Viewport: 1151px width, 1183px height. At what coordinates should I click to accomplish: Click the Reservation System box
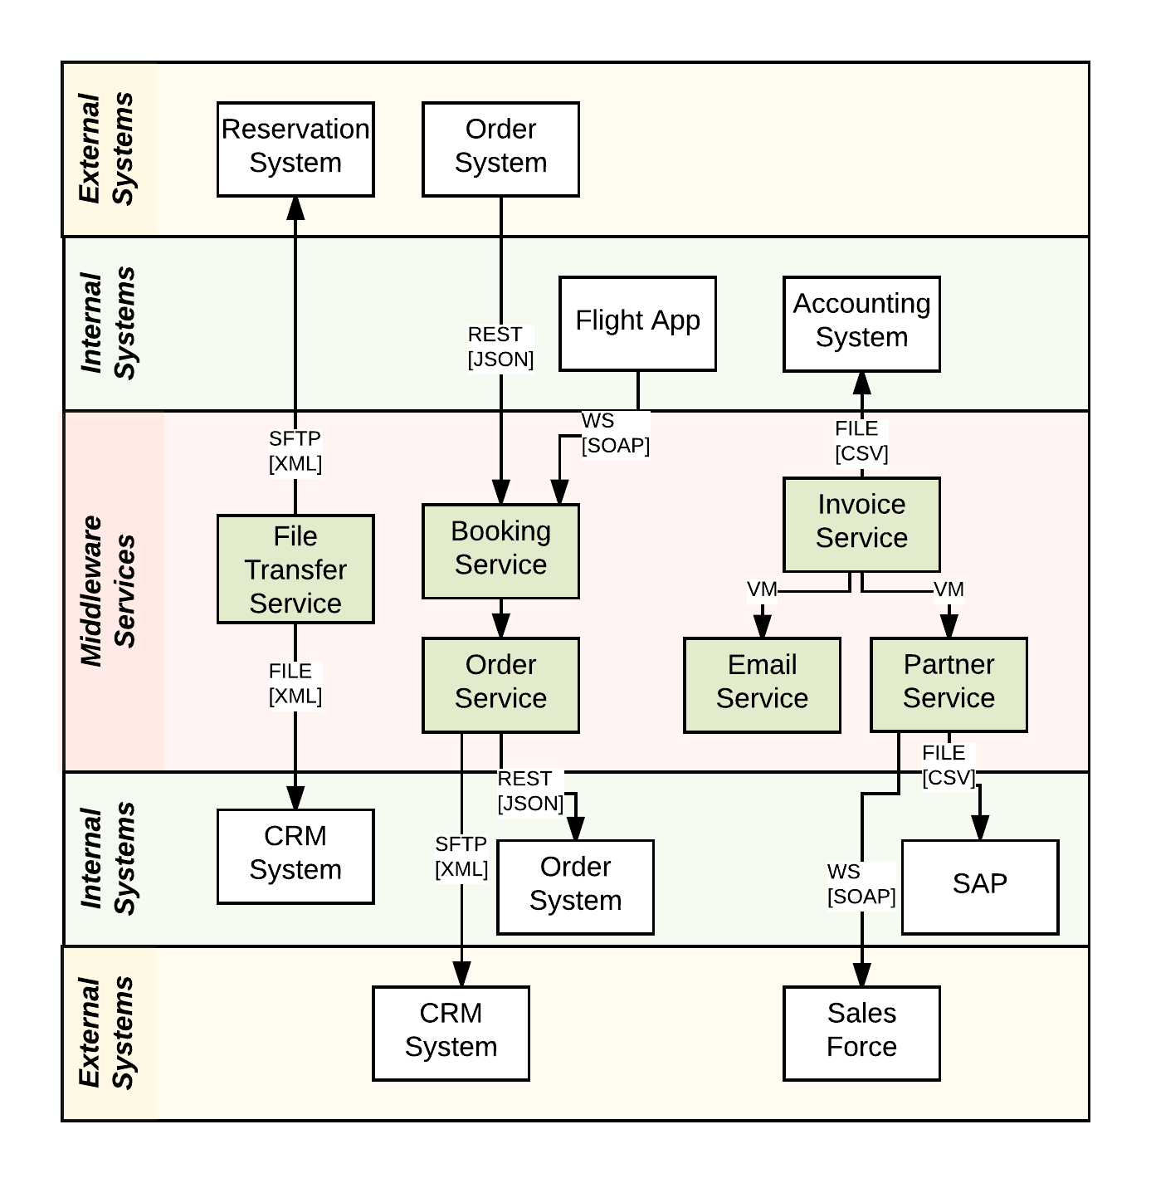[x=295, y=149]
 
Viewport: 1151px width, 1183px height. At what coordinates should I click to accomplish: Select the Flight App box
[x=637, y=323]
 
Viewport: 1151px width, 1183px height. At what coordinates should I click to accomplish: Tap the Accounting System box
[x=861, y=323]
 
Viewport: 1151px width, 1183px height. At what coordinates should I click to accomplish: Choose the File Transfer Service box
[x=295, y=569]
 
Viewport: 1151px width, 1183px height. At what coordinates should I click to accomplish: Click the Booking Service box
[x=500, y=550]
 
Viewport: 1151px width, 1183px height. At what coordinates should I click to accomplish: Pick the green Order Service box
[x=500, y=684]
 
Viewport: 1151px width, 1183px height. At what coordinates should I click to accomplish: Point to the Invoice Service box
[x=861, y=524]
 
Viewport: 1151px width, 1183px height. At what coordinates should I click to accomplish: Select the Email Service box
[x=762, y=684]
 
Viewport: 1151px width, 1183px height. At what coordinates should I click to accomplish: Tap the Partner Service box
[x=949, y=684]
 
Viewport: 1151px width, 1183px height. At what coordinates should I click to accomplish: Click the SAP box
[x=979, y=887]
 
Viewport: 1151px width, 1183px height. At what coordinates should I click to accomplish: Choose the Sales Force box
[x=861, y=1033]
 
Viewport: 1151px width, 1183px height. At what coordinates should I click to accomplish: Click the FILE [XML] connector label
[x=295, y=683]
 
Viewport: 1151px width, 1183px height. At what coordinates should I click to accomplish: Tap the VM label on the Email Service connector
[x=762, y=589]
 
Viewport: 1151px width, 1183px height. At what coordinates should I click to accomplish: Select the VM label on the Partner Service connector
[x=949, y=589]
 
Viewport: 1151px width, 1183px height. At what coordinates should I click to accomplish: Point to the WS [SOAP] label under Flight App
[x=615, y=433]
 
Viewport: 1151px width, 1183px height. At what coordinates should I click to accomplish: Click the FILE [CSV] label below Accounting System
[x=861, y=441]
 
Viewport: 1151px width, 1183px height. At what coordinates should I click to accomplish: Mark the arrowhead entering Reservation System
[x=295, y=208]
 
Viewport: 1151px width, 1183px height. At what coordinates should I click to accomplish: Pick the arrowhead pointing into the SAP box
[x=979, y=828]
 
